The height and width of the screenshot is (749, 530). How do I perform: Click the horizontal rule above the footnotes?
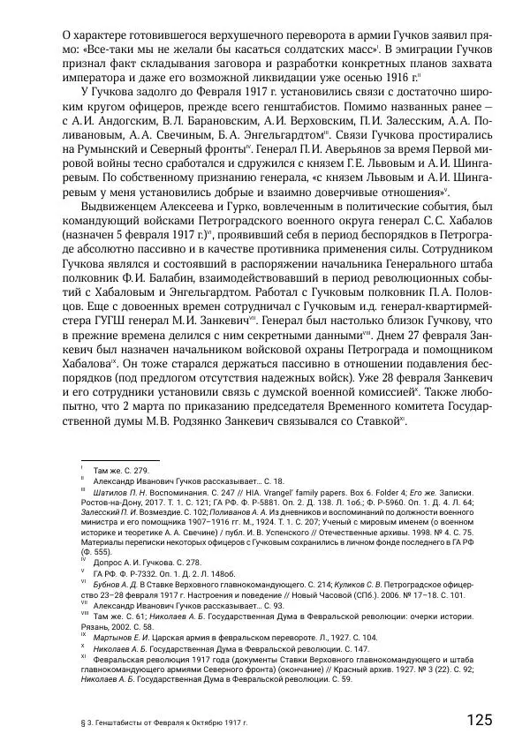pyautogui.click(x=119, y=459)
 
